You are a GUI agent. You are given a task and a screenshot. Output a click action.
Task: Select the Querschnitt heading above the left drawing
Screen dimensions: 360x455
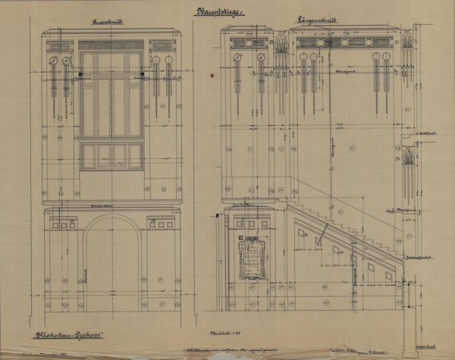111,24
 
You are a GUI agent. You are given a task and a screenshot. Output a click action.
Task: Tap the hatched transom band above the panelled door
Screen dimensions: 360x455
111,45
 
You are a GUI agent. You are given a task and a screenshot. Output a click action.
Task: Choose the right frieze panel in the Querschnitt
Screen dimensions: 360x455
162,45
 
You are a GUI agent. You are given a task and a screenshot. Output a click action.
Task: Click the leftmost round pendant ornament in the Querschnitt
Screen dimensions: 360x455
52,60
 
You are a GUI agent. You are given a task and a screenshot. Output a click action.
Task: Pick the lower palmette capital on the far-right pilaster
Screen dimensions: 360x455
408,159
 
